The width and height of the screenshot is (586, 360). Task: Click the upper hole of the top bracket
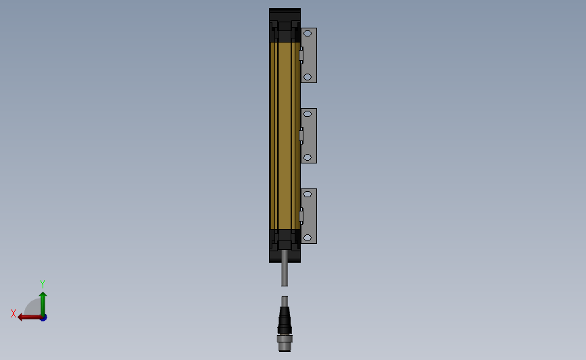tap(308, 34)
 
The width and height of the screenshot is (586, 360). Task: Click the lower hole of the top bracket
tap(308, 77)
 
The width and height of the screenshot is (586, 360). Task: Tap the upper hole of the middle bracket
tap(308, 114)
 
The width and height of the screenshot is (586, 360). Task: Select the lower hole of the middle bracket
tap(308, 157)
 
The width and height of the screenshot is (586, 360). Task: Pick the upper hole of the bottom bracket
tap(308, 195)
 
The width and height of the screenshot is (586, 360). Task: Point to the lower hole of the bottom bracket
tap(308, 238)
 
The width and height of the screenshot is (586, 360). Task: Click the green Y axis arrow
tap(43, 305)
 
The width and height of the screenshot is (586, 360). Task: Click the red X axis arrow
tap(30, 317)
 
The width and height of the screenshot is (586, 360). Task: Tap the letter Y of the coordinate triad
tap(42, 284)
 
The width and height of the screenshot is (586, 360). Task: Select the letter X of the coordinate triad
tap(14, 313)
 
